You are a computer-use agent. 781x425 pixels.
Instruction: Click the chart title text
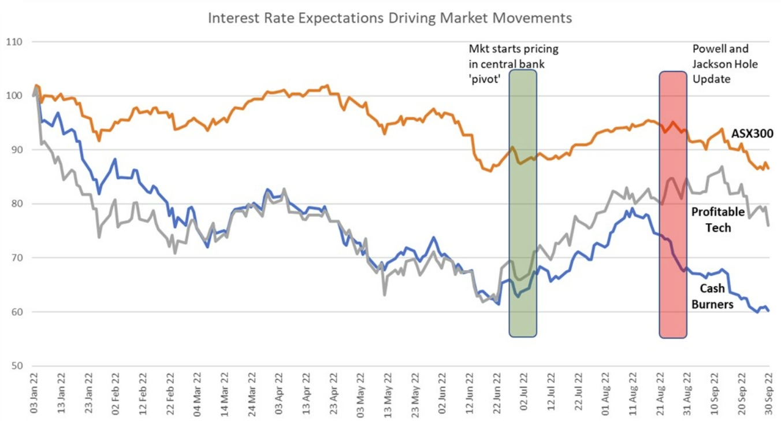(x=390, y=18)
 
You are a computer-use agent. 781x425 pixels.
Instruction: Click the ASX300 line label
(x=752, y=134)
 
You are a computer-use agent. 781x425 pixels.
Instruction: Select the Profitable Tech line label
(x=719, y=220)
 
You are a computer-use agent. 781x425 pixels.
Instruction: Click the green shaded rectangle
(x=523, y=202)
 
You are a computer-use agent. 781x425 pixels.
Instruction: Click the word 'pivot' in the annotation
(x=485, y=79)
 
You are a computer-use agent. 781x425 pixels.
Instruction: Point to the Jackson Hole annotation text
(x=725, y=64)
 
